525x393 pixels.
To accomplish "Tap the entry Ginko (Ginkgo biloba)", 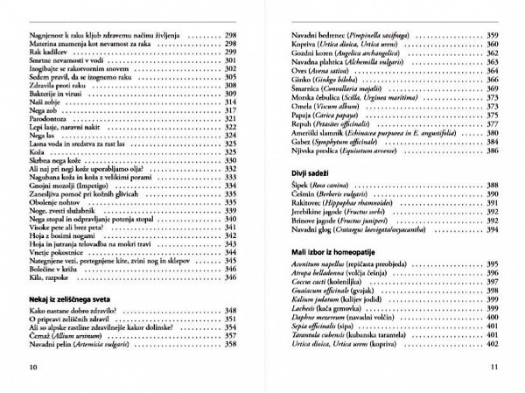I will click(318, 80).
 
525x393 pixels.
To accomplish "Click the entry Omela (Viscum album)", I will click(320, 105).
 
